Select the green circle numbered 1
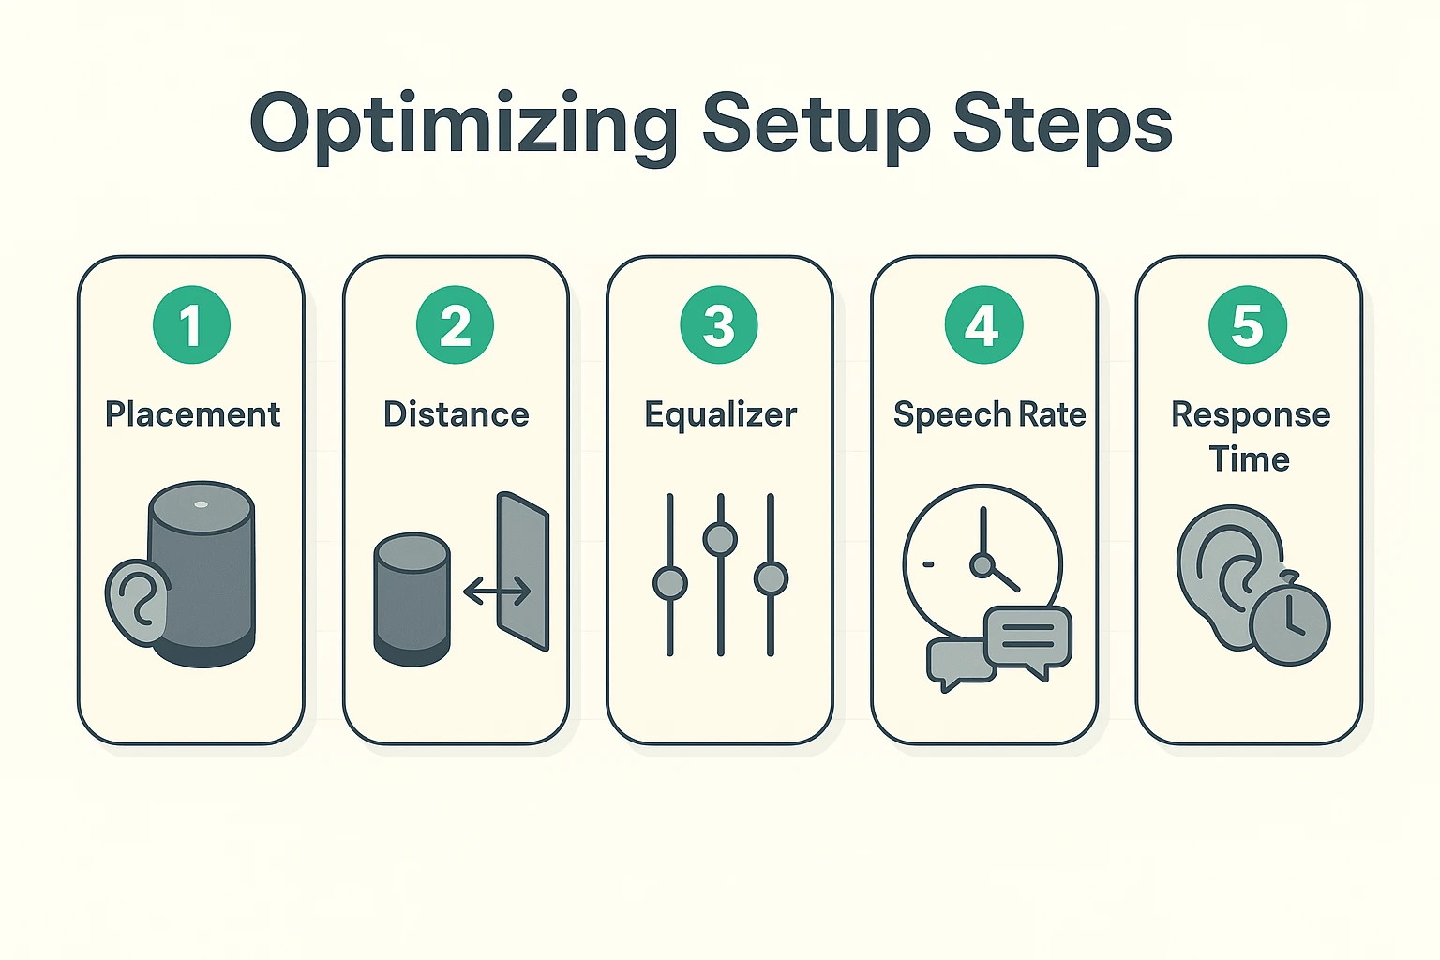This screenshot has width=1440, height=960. click(191, 325)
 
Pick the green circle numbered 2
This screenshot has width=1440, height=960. click(456, 325)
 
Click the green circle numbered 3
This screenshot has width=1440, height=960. click(719, 325)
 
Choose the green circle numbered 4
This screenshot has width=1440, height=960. click(983, 325)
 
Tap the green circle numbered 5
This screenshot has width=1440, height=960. click(1248, 325)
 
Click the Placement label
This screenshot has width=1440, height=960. click(192, 414)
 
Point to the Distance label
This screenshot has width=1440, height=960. click(456, 414)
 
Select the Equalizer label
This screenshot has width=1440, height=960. click(720, 414)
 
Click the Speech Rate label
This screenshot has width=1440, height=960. click(989, 414)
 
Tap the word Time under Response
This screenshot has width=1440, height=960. click(1249, 459)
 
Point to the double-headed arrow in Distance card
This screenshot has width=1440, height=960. click(497, 591)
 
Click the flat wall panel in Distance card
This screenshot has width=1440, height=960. click(523, 572)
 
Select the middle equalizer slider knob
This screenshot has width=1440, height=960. click(720, 539)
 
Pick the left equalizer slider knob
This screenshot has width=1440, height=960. click(669, 582)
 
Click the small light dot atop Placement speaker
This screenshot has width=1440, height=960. click(202, 504)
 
